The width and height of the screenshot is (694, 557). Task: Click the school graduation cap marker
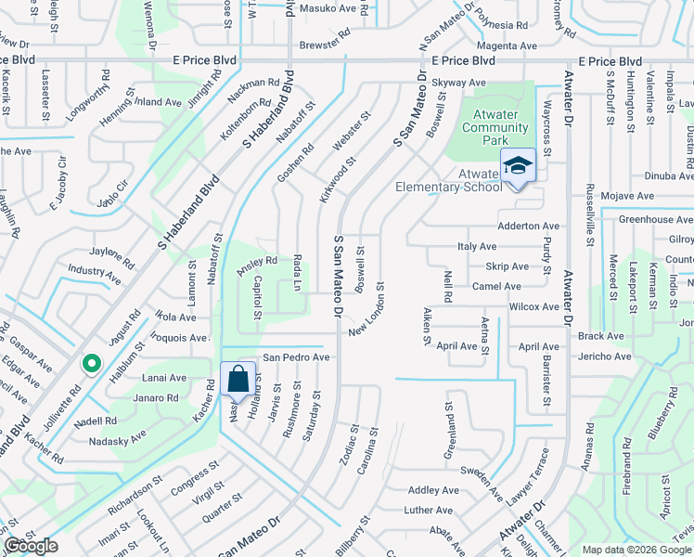pyautogui.click(x=518, y=167)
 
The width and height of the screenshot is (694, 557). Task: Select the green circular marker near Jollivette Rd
pyautogui.click(x=90, y=364)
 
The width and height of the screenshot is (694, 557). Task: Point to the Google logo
pyautogui.click(x=32, y=546)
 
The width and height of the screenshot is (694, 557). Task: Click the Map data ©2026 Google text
pyautogui.click(x=636, y=550)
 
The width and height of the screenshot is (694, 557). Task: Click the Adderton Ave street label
pyautogui.click(x=529, y=226)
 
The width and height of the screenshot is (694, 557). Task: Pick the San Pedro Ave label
pyautogui.click(x=296, y=356)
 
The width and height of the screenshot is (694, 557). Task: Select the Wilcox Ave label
pyautogui.click(x=533, y=305)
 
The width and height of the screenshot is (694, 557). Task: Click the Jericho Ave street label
pyautogui.click(x=604, y=356)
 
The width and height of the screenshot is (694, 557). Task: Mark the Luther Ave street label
pyautogui.click(x=428, y=511)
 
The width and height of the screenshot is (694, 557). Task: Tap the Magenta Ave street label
pyautogui.click(x=507, y=45)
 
